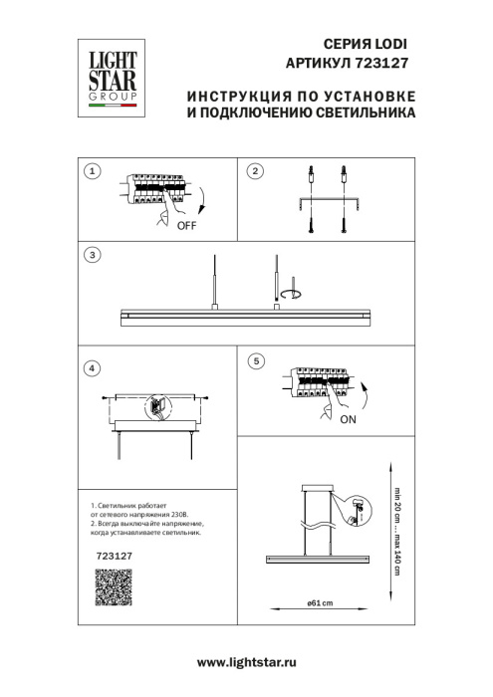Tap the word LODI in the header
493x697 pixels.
pyautogui.click(x=389, y=45)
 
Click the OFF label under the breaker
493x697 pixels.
pyautogui.click(x=186, y=226)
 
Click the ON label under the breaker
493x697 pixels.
pyautogui.click(x=349, y=419)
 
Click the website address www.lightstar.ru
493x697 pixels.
pyautogui.click(x=247, y=662)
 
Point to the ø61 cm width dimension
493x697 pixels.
pyautogui.click(x=319, y=603)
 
